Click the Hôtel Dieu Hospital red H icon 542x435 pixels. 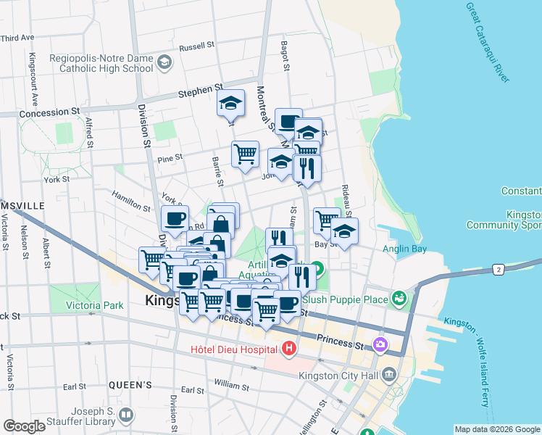290,349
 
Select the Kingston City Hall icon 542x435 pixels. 389,375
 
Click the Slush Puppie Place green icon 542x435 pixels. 398,298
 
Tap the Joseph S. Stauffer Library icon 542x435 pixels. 126,415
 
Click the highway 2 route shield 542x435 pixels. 499,269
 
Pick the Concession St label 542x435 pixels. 50,113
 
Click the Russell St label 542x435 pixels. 196,46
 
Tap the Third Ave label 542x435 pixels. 17,37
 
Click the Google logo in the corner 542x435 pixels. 24,426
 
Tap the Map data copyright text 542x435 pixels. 497,429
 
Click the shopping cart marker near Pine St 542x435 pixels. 246,154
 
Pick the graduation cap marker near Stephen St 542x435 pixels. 230,104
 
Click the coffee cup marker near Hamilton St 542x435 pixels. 175,217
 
